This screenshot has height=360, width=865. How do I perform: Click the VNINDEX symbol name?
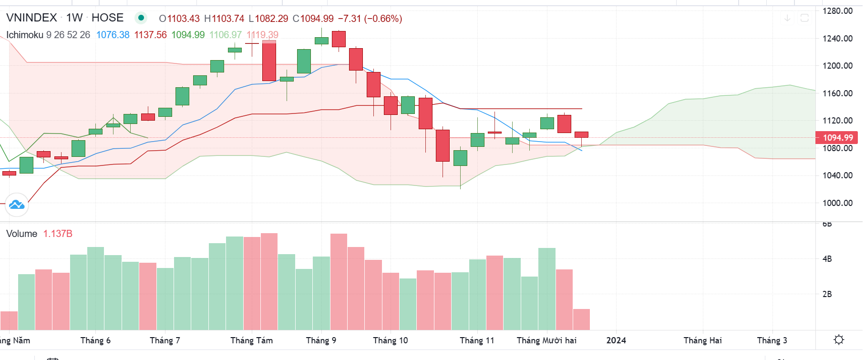tap(31, 18)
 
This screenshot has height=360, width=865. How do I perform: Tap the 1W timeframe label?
tap(74, 18)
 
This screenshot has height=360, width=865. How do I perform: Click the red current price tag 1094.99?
tap(838, 138)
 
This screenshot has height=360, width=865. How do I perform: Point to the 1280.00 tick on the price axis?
tap(837, 11)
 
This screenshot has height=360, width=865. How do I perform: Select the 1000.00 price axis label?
tap(837, 203)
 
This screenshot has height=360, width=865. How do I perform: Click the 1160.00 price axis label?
tap(837, 93)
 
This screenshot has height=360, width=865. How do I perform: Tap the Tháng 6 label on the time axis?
tap(95, 340)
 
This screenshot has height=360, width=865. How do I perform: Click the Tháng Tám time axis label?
tap(251, 340)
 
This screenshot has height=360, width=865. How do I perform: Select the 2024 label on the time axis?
tap(616, 340)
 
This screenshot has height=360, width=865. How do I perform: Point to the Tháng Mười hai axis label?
tap(546, 340)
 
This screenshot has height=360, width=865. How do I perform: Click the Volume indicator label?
tap(21, 234)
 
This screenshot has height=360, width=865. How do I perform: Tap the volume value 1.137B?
tap(58, 234)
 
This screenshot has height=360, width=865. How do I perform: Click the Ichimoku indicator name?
tap(25, 35)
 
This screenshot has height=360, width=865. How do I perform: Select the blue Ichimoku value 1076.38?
tap(113, 35)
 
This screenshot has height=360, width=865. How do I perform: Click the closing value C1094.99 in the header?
tap(313, 19)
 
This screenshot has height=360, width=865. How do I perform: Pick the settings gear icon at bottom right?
tap(839, 339)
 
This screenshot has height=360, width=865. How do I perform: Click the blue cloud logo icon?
tap(17, 205)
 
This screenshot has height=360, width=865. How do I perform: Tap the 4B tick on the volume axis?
tap(827, 259)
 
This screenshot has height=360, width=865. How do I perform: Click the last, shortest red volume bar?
tap(581, 319)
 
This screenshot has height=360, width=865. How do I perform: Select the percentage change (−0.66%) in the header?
tap(383, 19)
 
